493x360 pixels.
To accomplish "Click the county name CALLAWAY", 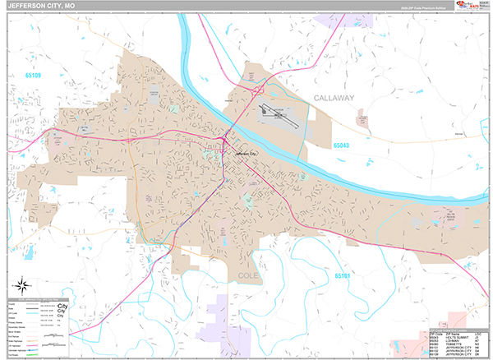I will tap(333, 98).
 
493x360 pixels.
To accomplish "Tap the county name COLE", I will tap(247, 275).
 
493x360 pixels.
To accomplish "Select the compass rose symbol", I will tap(23, 286).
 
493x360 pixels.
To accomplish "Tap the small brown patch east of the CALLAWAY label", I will tap(362, 120).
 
